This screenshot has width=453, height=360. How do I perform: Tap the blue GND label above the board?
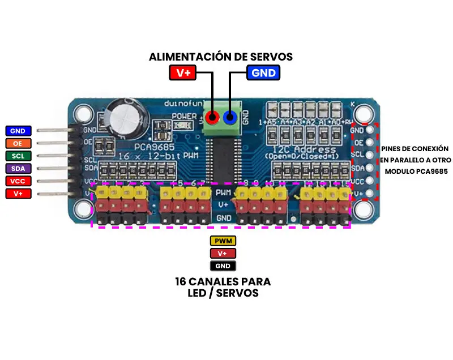click(x=263, y=72)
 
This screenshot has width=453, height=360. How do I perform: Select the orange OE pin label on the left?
click(x=18, y=143)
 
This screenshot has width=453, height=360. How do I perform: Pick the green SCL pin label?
click(x=18, y=156)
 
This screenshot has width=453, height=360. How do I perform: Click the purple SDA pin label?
click(x=18, y=168)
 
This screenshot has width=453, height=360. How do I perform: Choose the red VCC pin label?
click(x=18, y=181)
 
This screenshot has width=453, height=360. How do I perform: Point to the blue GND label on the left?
click(x=18, y=131)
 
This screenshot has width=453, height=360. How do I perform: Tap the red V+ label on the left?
click(x=18, y=194)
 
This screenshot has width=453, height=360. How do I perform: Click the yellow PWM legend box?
click(x=223, y=242)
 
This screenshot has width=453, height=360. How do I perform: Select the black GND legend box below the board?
click(x=223, y=265)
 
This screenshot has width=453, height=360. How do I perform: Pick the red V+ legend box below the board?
click(x=223, y=254)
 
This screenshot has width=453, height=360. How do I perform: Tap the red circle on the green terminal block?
click(x=212, y=118)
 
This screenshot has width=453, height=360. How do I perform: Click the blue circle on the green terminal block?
click(x=230, y=118)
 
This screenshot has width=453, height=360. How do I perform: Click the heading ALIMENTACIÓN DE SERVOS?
click(x=221, y=57)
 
